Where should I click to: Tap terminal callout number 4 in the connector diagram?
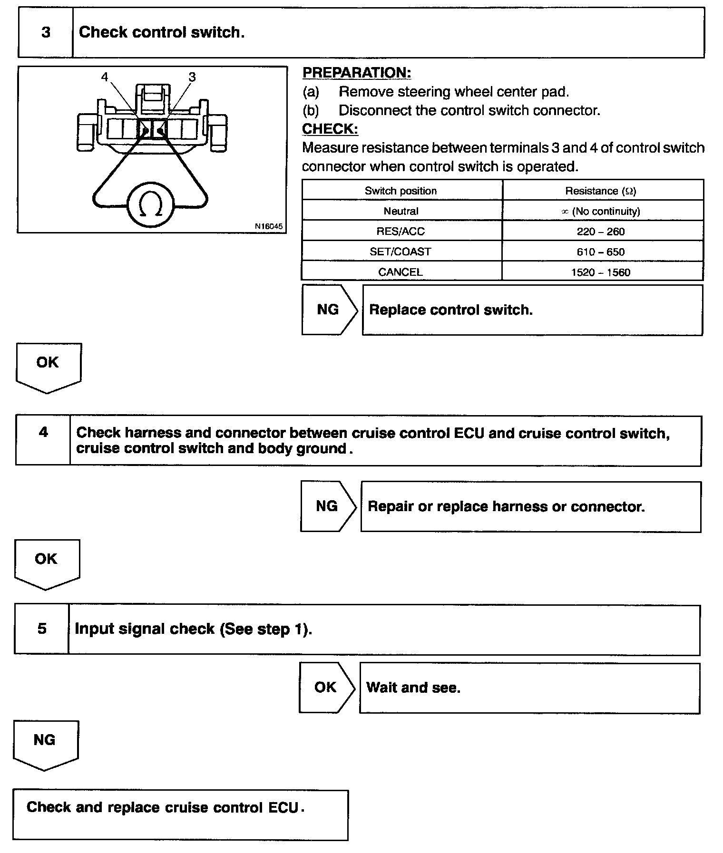point(105,77)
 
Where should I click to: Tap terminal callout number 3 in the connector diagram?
point(192,77)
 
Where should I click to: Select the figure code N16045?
point(269,226)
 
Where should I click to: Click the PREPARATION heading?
point(357,73)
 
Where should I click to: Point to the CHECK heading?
point(330,129)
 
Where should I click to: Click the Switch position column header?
point(401,191)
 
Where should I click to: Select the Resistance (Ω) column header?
point(600,191)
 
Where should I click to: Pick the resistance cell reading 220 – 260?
point(601,232)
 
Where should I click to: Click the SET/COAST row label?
point(401,252)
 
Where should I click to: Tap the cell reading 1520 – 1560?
point(601,272)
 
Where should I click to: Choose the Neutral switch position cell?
point(401,211)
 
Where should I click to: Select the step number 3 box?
point(46,32)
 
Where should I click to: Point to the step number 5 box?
point(42,629)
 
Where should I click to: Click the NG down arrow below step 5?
point(45,744)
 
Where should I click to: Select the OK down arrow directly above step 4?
point(48,367)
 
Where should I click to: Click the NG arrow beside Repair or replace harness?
point(327,506)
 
